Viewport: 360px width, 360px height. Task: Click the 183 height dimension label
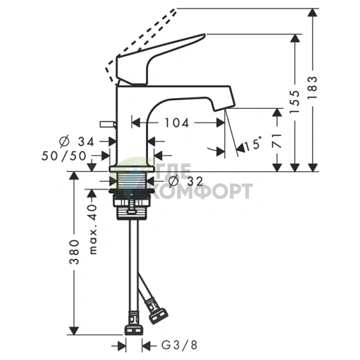coord(312,87)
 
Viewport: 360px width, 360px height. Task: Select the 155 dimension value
coord(295,102)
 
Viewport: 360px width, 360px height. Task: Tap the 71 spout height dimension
coord(277,141)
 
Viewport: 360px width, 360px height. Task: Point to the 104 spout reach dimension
coord(176,123)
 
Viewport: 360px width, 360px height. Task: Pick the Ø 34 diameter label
coord(76,142)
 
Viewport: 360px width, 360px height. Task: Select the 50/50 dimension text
coord(64,156)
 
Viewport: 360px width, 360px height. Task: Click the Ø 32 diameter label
coord(186,181)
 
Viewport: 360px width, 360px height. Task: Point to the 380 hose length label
coord(74,252)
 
